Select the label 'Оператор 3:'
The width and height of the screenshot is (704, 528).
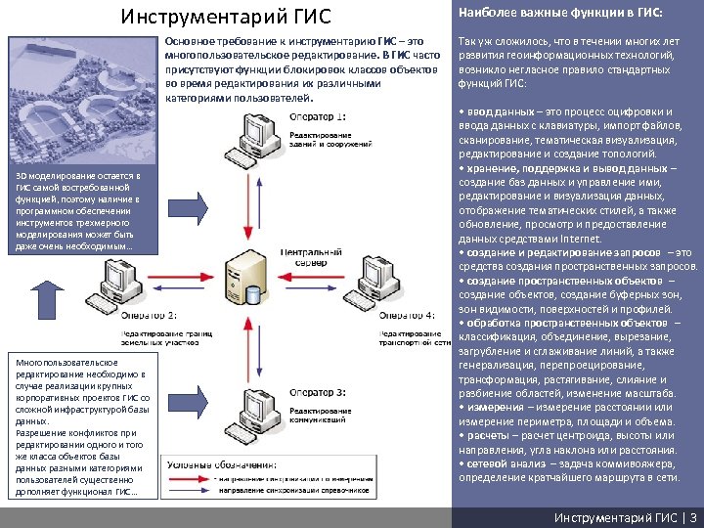(x=317, y=392)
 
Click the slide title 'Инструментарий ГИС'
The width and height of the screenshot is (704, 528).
(x=226, y=17)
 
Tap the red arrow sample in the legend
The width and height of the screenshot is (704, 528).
(x=188, y=478)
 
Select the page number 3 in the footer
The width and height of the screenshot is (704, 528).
(x=693, y=516)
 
